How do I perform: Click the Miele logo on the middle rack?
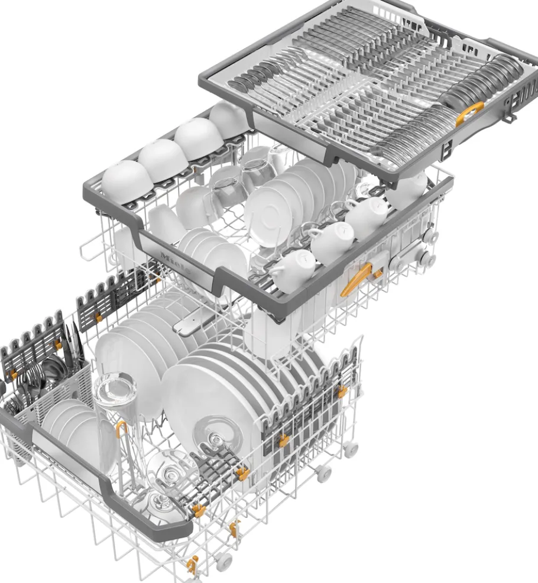point(176,262)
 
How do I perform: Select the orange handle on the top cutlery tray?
point(469,113)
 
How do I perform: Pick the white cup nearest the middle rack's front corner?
point(292,270)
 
